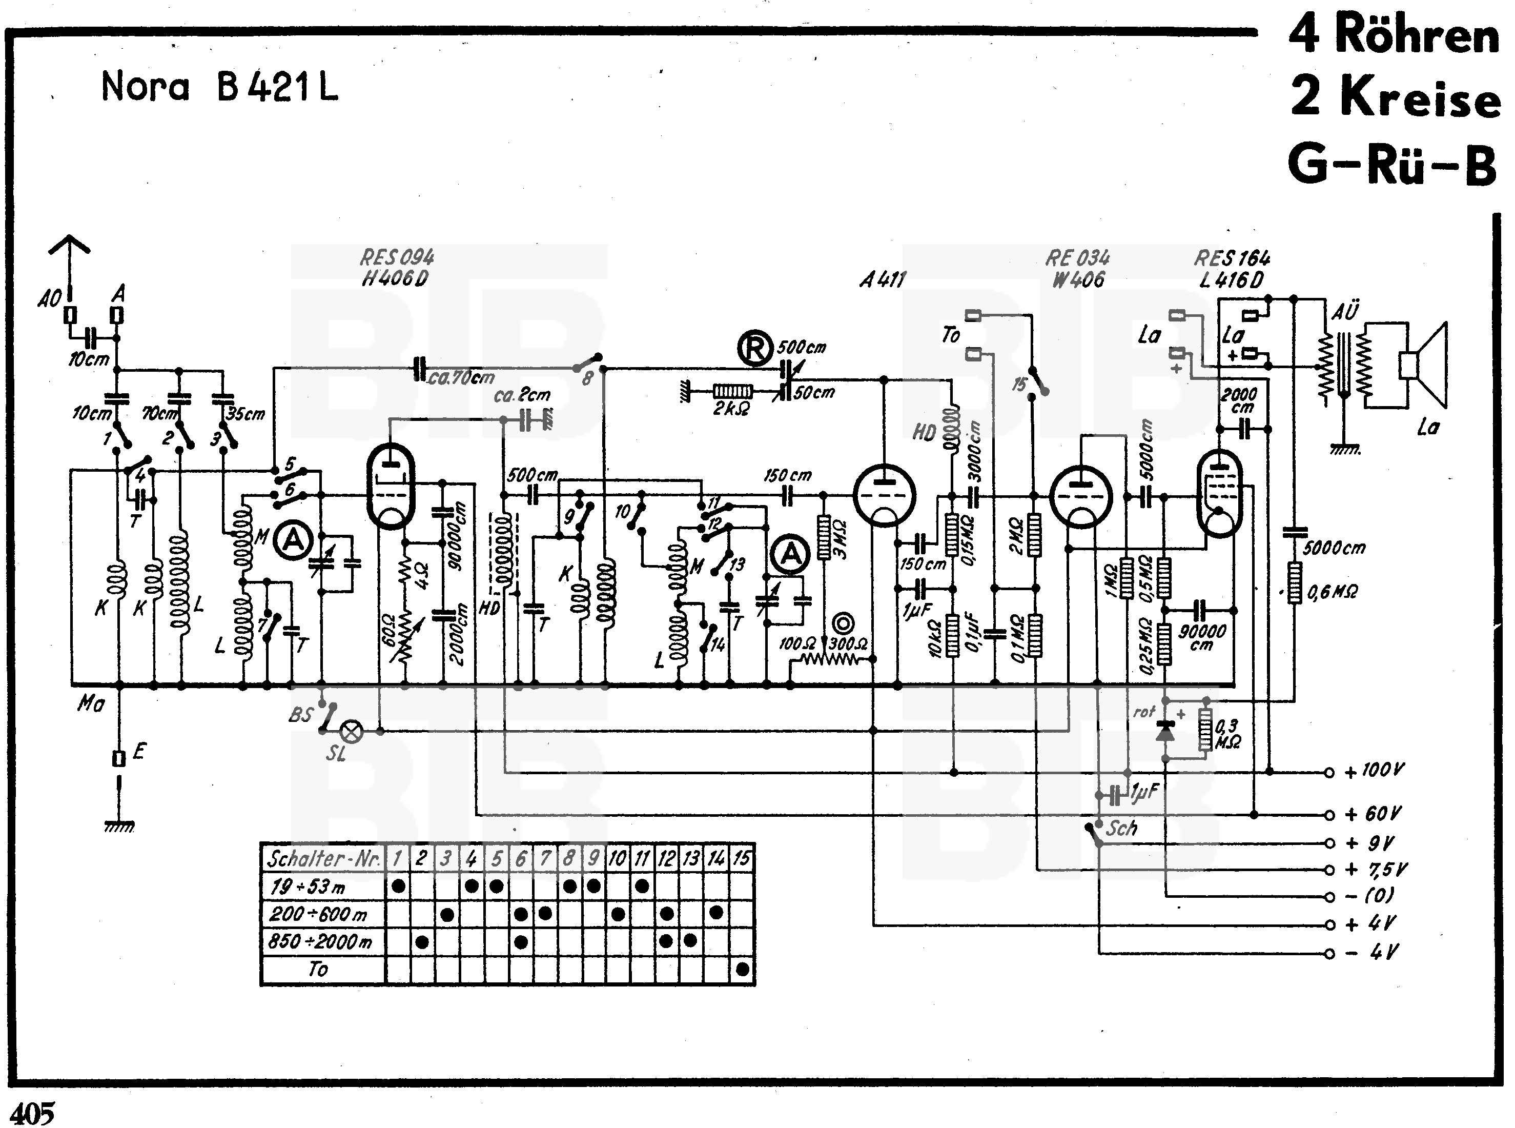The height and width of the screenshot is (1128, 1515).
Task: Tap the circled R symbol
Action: pyautogui.click(x=754, y=348)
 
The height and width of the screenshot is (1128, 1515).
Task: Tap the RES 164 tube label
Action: pyautogui.click(x=1232, y=258)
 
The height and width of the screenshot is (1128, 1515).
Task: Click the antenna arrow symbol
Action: pyautogui.click(x=69, y=245)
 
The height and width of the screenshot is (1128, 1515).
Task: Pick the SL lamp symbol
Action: pyautogui.click(x=352, y=731)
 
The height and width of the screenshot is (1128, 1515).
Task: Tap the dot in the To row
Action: pyautogui.click(x=743, y=969)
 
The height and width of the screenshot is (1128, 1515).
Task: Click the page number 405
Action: pyautogui.click(x=32, y=1113)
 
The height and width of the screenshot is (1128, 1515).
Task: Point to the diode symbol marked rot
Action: pyautogui.click(x=1165, y=731)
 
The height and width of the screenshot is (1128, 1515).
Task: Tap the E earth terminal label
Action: pyautogui.click(x=138, y=752)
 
